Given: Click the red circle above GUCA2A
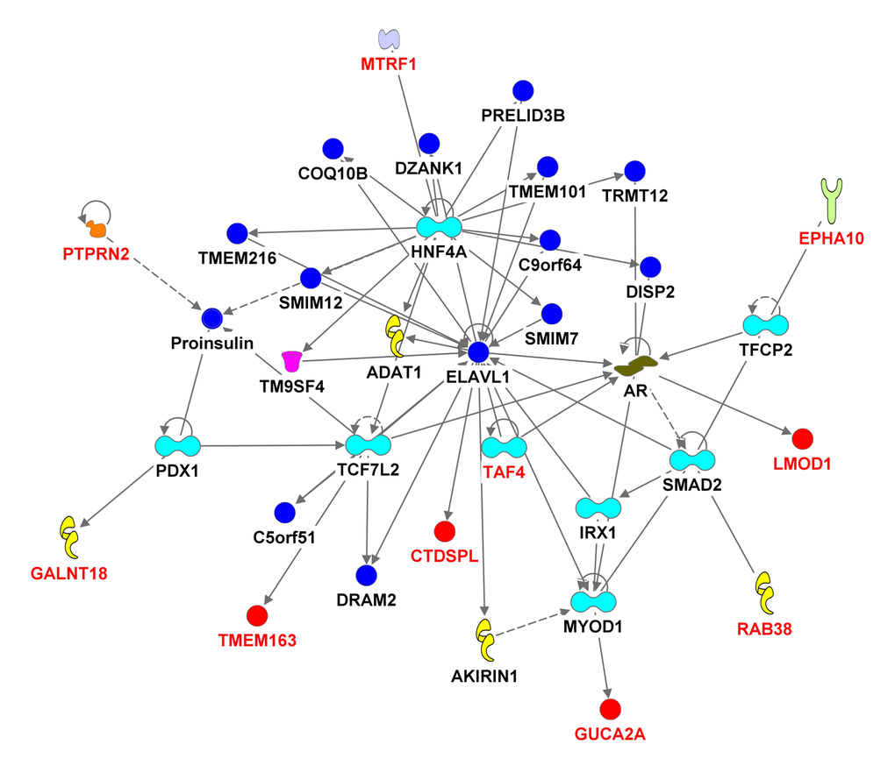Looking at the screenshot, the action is point(610,708).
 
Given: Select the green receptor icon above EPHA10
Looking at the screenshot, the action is point(832,201).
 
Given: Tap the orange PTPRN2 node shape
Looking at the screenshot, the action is point(97,230).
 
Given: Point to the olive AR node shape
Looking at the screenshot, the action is point(636,366).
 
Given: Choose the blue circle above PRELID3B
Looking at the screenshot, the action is point(523,90).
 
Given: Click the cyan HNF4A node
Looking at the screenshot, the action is point(439,227).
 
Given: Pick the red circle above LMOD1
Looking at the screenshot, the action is point(803,438).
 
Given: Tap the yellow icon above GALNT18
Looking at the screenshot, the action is point(69,537).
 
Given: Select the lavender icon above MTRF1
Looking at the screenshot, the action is point(389,39).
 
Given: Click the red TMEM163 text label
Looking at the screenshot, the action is point(257,640).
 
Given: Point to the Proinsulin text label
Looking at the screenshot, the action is point(211,343).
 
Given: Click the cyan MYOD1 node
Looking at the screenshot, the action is point(594,601).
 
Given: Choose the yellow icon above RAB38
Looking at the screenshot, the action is point(764,592).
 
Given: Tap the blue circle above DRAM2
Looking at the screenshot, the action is point(366,575).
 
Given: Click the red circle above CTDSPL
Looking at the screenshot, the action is point(445,531).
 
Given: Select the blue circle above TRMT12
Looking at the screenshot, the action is point(634,170).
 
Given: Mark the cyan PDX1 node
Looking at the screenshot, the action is point(177,445).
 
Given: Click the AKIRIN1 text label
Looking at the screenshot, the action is point(484,676).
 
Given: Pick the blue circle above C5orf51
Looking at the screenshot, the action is point(284,513).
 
